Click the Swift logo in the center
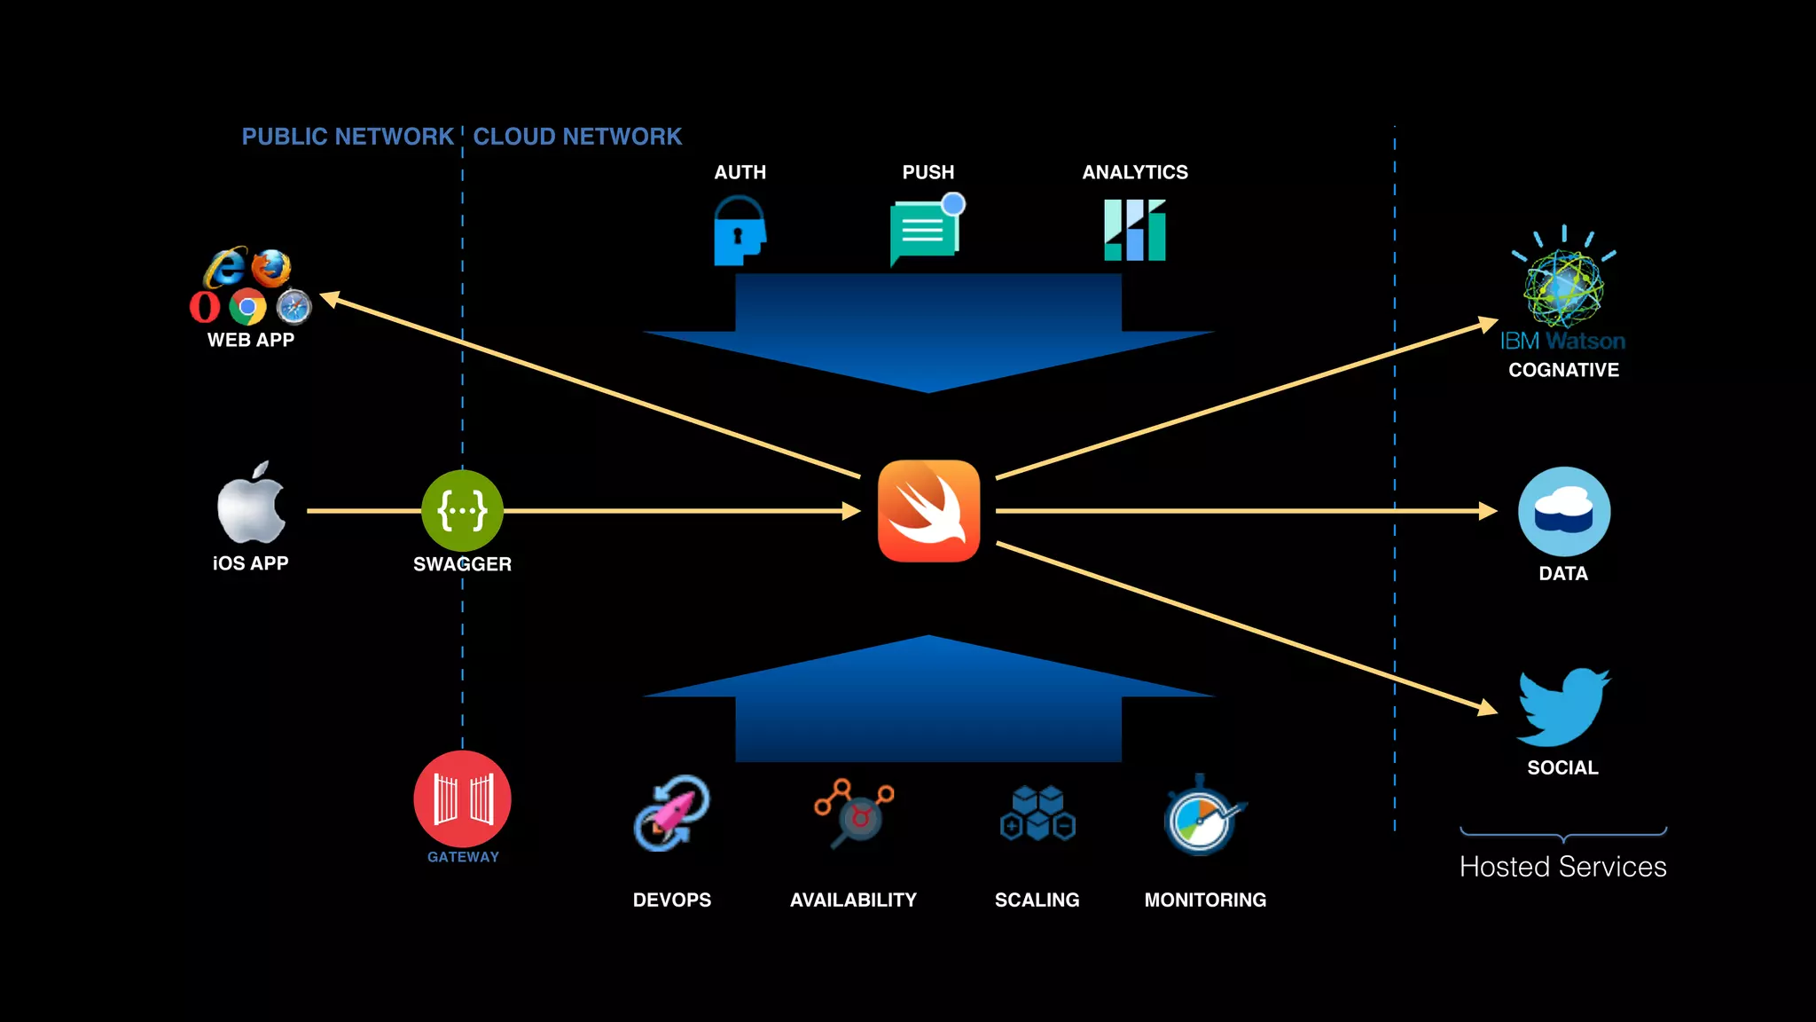[x=928, y=511]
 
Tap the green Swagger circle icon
[x=462, y=511]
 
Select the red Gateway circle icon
[x=462, y=798]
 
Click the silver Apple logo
[x=251, y=506]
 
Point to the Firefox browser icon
[x=271, y=267]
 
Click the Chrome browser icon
[x=247, y=308]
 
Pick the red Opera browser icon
[x=204, y=307]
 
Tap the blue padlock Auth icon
[x=739, y=232]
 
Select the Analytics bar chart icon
[x=1134, y=231]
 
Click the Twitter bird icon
[x=1562, y=707]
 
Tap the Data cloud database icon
[x=1563, y=512]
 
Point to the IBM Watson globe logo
[x=1563, y=287]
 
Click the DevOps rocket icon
[x=671, y=814]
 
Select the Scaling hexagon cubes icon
[x=1037, y=814]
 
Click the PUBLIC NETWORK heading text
[x=348, y=137]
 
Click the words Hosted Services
[x=1562, y=867]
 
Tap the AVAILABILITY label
[x=853, y=900]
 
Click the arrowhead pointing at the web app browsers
[x=330, y=298]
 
